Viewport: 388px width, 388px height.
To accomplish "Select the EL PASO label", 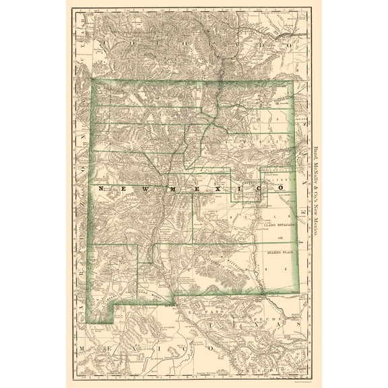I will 203,312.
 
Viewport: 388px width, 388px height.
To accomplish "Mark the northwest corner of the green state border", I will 93,82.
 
